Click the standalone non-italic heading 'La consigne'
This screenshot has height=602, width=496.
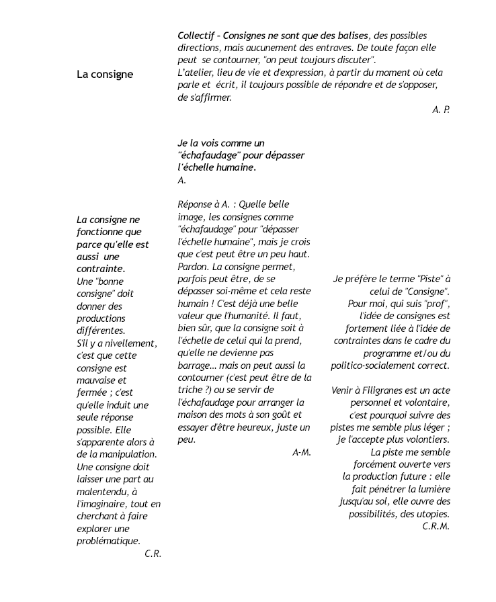point(105,75)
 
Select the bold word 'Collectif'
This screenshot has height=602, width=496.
point(197,36)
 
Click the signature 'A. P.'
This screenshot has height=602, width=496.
point(441,109)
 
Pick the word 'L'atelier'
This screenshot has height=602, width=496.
point(196,73)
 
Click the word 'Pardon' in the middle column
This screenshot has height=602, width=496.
point(193,266)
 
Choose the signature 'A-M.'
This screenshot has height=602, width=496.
point(302,452)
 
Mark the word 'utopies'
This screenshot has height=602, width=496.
point(431,514)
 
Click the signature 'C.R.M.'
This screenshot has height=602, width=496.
point(436,526)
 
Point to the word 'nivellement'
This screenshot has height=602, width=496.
point(132,343)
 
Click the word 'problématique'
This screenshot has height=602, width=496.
point(108,541)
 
